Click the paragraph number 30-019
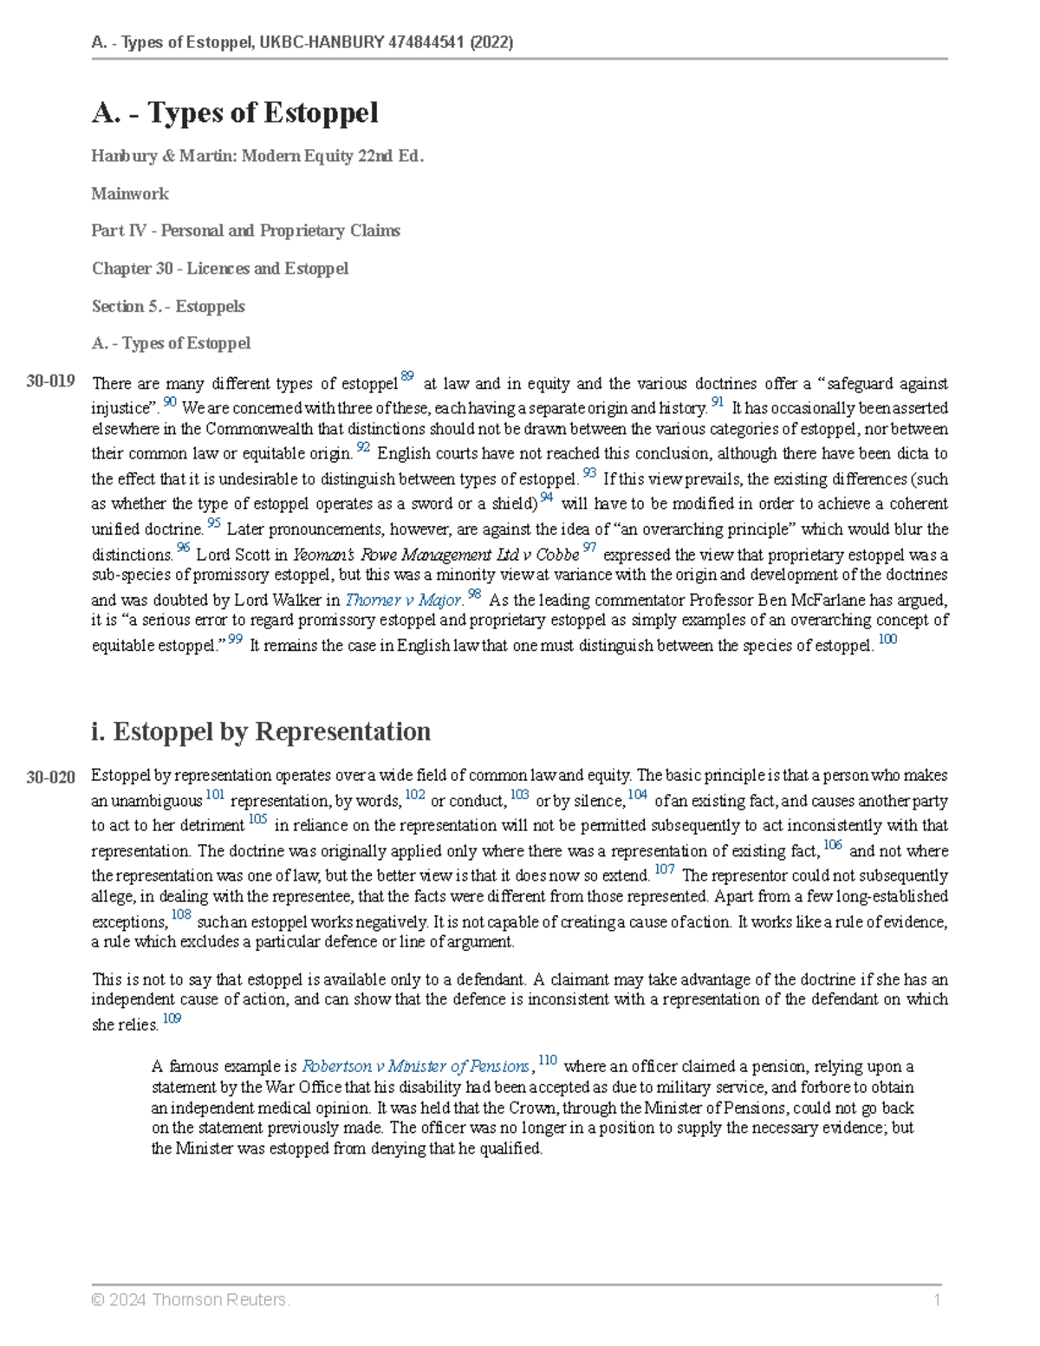coord(50,381)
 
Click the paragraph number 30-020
coord(50,777)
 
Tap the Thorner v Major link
coord(403,600)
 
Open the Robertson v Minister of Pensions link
coord(415,1067)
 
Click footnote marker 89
coord(407,377)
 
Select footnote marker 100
coord(887,640)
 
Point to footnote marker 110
coord(548,1060)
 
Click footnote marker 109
coord(172,1018)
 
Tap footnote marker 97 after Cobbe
coord(589,548)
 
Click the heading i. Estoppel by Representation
coord(260,732)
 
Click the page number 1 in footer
coord(937,1299)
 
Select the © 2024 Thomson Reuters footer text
coord(191,1300)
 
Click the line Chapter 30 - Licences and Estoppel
coord(220,269)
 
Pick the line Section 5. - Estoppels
coord(168,307)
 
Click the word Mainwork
coord(130,194)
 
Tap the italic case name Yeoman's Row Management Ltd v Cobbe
coord(436,555)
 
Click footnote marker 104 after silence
coord(637,795)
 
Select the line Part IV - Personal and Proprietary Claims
coord(246,231)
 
